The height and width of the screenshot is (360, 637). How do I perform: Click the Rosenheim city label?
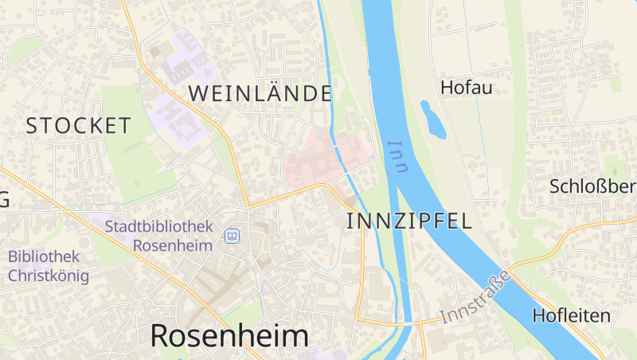point(229,336)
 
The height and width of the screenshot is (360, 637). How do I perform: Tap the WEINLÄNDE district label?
point(260,93)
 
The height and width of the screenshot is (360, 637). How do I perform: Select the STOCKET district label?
point(78,125)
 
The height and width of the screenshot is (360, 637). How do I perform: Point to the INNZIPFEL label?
point(409,221)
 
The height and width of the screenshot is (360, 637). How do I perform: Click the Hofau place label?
point(467,88)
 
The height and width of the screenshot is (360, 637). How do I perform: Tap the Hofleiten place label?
point(571,315)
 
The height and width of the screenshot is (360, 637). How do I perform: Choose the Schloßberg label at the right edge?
point(593,187)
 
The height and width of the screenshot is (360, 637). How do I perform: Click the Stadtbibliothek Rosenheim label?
point(159,236)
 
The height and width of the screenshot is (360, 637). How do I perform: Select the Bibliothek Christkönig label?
point(49,267)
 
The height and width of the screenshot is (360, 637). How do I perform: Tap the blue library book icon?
point(232,236)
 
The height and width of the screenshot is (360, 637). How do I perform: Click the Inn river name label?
point(397,156)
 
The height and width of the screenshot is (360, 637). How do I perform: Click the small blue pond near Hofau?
point(433,119)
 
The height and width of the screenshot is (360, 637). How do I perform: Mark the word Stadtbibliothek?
point(159,227)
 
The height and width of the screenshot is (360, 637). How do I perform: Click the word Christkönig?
point(49,276)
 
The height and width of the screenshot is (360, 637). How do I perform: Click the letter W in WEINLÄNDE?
point(198,93)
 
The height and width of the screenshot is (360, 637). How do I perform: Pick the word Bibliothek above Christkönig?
point(44,257)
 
